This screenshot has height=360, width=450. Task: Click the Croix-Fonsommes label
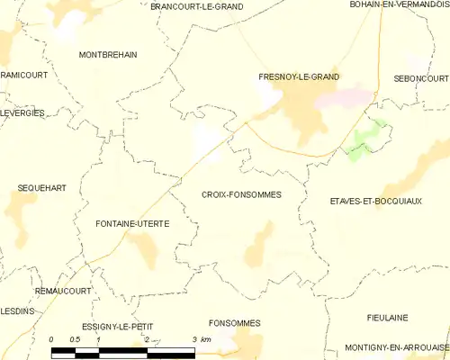point(241,194)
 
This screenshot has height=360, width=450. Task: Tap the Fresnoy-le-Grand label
point(299,77)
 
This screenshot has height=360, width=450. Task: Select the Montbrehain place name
point(108,55)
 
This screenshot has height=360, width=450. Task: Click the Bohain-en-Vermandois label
point(400,5)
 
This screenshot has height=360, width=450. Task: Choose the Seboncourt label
point(421,79)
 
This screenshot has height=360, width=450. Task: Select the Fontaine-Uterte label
point(132,223)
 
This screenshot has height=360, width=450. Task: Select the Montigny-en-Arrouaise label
point(396,348)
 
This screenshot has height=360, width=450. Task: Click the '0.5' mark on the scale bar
point(75,339)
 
